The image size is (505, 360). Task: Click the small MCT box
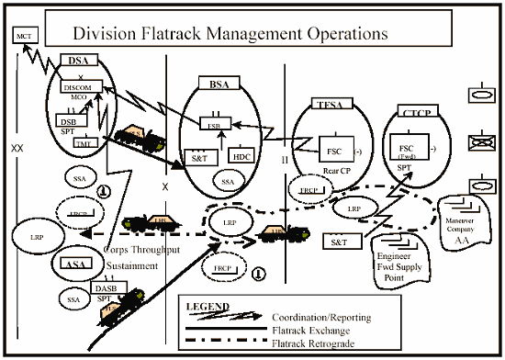[24, 36]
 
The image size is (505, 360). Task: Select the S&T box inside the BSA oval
[199, 157]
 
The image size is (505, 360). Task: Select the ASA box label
[77, 264]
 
